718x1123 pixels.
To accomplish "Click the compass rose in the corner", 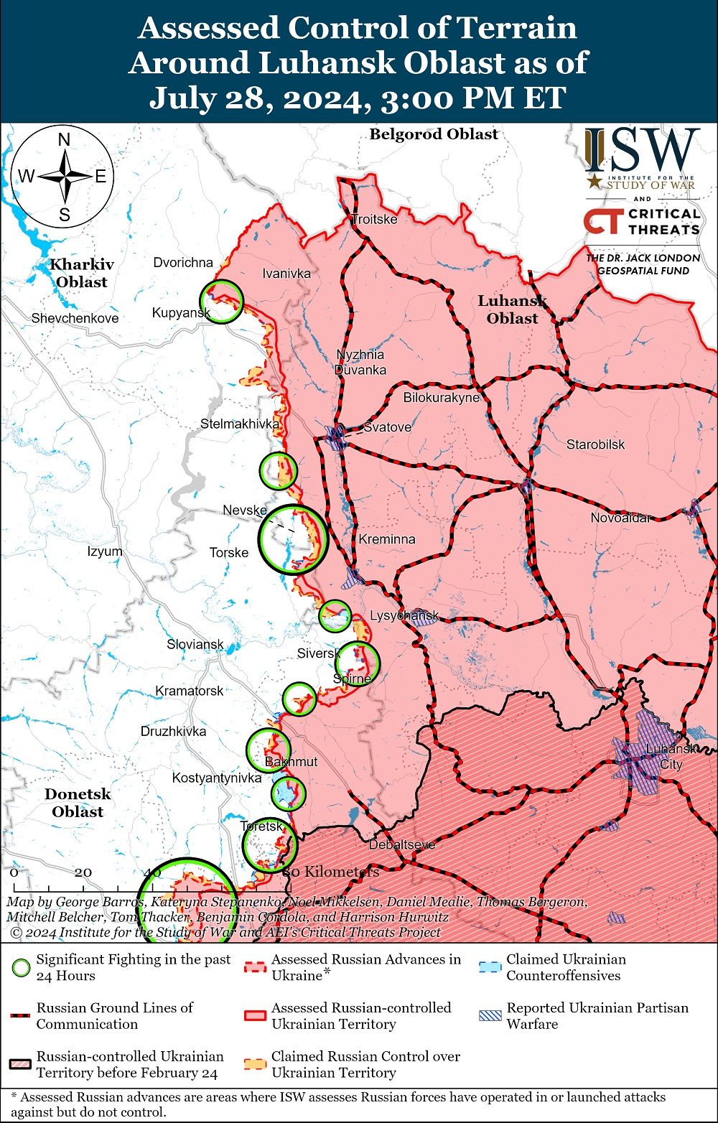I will [63, 177].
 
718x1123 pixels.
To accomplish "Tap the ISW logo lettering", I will [641, 151].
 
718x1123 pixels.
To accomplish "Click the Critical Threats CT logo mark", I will [602, 222].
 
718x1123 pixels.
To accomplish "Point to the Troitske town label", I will [374, 219].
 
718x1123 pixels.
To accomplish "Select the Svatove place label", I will [388, 427].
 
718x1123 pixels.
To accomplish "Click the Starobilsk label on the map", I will [595, 444].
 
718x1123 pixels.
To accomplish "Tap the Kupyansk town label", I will [181, 312].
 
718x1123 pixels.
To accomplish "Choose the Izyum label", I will [105, 551].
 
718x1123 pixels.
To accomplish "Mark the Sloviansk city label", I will [195, 645].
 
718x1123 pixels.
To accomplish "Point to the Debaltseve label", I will [402, 844].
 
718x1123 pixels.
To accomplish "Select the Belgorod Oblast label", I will [434, 134].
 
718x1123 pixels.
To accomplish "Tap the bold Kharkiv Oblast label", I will [82, 273].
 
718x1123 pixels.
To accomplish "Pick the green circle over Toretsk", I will [269, 845].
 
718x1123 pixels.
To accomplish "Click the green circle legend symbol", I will [22, 967].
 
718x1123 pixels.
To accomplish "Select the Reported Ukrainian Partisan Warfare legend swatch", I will [490, 1015].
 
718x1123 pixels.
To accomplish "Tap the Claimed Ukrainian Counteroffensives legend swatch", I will [490, 966].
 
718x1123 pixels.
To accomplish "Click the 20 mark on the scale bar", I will [83, 872].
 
